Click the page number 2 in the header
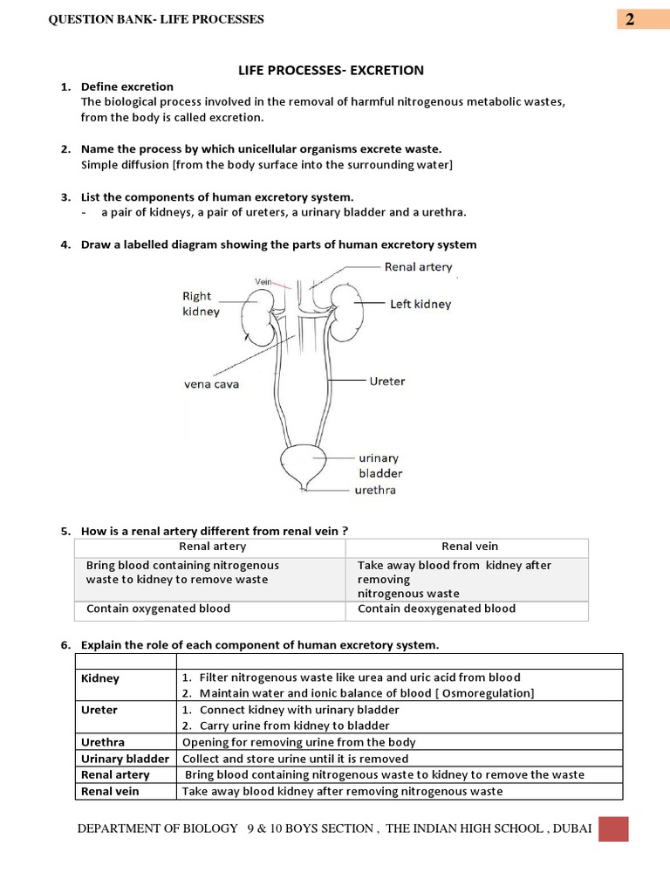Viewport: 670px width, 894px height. point(629,19)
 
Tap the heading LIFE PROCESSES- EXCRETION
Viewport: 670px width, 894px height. point(331,69)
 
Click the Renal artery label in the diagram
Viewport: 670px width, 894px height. point(418,267)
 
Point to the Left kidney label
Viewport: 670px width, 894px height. point(420,304)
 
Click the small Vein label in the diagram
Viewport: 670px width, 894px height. point(264,281)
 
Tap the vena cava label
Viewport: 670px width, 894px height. point(211,383)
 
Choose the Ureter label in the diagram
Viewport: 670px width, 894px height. point(386,382)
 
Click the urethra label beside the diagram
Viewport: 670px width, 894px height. point(375,490)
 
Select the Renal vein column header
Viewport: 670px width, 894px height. point(469,547)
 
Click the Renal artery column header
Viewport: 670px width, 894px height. point(212,547)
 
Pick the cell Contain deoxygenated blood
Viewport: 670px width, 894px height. point(436,609)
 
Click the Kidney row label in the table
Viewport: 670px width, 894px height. point(100,678)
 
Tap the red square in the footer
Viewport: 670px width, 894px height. point(612,829)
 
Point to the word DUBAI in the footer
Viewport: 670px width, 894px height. point(571,829)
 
